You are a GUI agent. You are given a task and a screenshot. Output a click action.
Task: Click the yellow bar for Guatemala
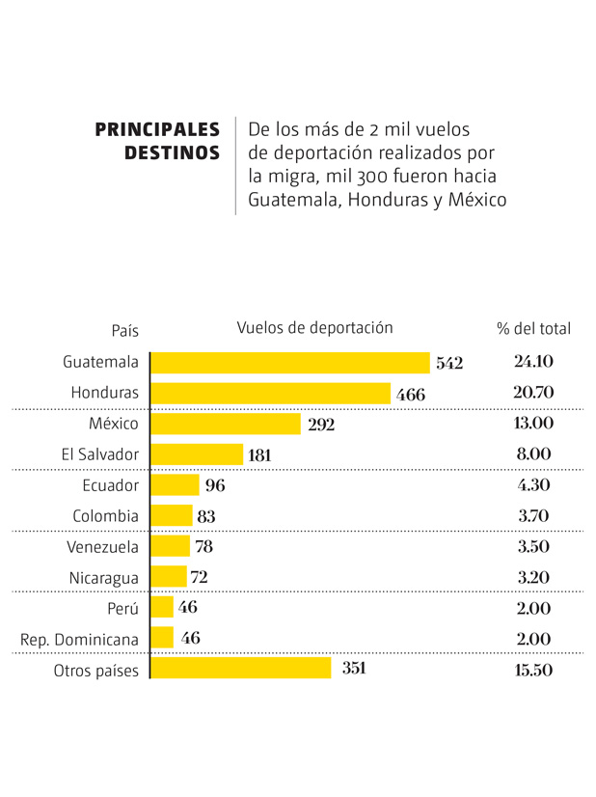click(289, 363)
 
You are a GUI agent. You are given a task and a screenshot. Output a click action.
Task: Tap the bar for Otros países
click(241, 670)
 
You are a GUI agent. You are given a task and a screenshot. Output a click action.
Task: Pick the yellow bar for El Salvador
click(197, 454)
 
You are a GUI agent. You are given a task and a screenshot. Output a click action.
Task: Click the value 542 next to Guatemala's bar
click(449, 364)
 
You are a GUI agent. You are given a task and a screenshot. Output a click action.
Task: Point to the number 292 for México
click(321, 425)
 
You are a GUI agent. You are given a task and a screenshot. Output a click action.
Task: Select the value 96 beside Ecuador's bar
click(215, 485)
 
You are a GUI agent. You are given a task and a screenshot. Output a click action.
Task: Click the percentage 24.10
click(533, 362)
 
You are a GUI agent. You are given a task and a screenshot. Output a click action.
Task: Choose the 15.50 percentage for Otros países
click(533, 671)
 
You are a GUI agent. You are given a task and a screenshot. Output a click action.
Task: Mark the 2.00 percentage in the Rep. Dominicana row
click(533, 639)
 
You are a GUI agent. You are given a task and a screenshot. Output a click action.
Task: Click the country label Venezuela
click(103, 547)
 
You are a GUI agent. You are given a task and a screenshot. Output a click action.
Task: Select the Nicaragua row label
click(104, 578)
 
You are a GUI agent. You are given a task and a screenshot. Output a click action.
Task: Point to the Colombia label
click(106, 516)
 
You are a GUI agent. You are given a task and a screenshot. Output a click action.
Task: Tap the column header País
click(124, 330)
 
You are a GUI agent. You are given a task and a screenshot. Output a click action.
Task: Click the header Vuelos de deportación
click(314, 327)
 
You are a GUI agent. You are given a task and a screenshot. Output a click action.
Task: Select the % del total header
click(533, 328)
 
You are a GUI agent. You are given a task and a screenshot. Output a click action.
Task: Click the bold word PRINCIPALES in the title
click(157, 129)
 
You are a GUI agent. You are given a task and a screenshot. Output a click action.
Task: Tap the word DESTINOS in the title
click(172, 153)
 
